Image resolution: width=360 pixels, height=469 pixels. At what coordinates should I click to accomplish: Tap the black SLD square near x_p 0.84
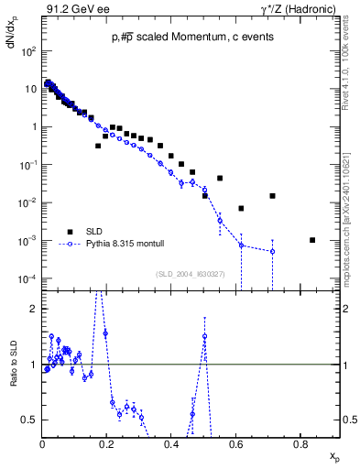point(312,240)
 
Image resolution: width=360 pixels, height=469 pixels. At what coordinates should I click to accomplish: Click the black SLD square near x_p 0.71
point(272,196)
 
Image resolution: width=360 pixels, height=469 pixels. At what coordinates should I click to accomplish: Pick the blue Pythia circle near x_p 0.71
point(272,251)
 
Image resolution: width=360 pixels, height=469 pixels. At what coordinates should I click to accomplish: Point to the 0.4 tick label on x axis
point(172,443)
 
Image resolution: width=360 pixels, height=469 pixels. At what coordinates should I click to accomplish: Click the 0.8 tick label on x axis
point(300,443)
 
